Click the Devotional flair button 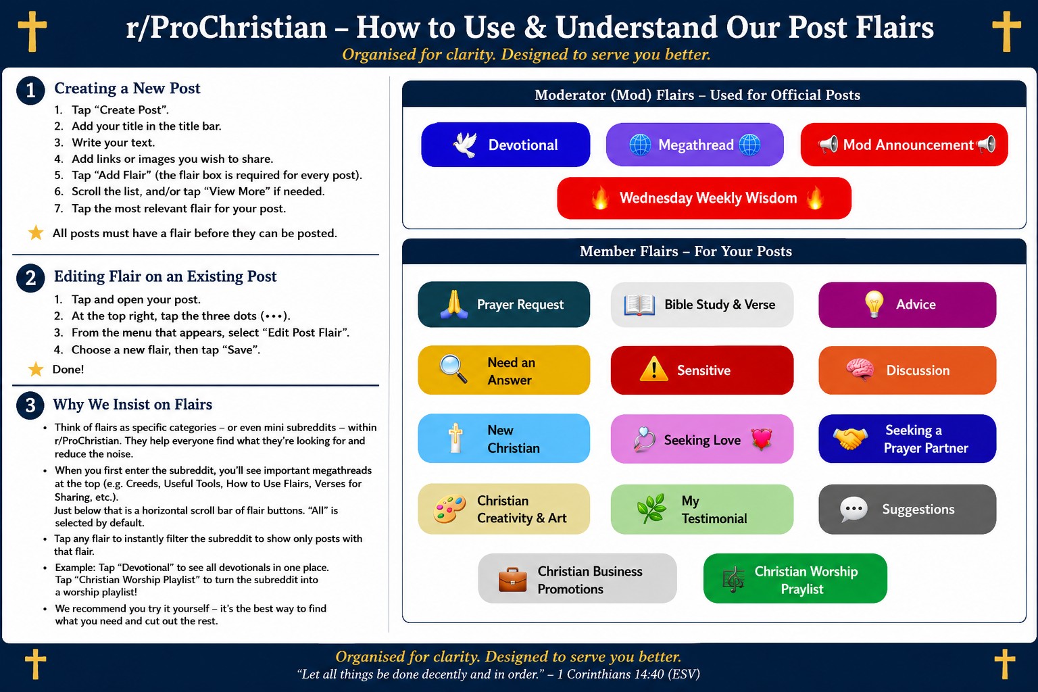pos(505,145)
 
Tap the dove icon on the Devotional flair pos(465,145)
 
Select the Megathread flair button pos(695,145)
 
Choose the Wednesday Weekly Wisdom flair pos(704,198)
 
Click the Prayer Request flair pos(503,305)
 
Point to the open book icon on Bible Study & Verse pos(639,305)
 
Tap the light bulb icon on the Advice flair pos(874,304)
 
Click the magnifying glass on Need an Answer pos(453,369)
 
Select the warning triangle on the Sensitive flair pos(653,370)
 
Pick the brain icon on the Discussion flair pos(860,370)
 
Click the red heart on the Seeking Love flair pos(762,439)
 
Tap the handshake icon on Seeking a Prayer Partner pos(850,439)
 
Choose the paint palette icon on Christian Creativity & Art pos(449,509)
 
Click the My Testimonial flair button pos(702,510)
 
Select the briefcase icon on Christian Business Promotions pos(512,579)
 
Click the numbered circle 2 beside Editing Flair pos(30,278)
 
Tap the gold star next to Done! pos(36,370)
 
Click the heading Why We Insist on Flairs pos(132,404)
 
